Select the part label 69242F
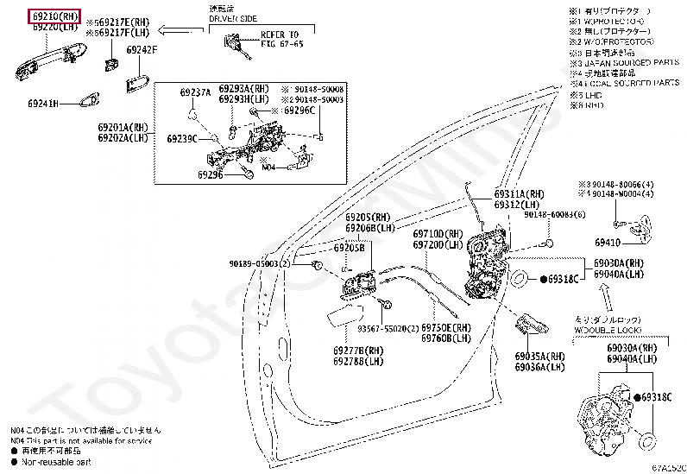[x=142, y=50]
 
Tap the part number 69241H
[x=42, y=104]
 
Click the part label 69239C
[x=182, y=138]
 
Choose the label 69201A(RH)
[x=123, y=127]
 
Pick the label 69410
[x=606, y=243]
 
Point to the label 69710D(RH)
[x=438, y=234]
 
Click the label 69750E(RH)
[x=446, y=328]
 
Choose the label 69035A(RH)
[x=539, y=357]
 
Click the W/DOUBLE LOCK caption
[x=606, y=329]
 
